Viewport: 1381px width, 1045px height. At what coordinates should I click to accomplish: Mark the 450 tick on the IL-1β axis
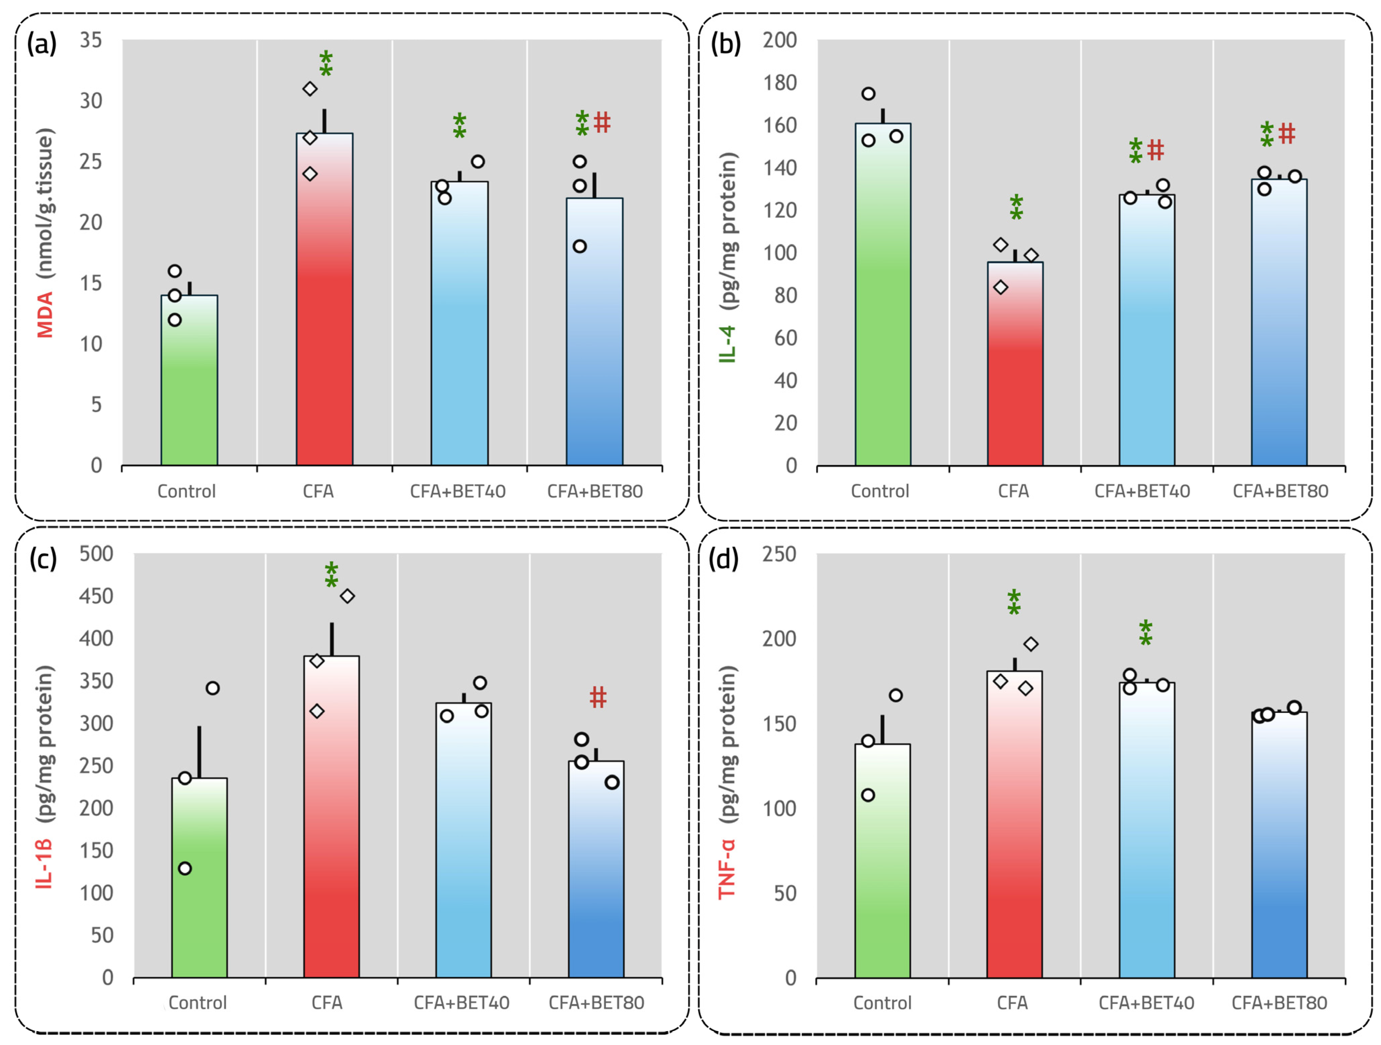pos(96,596)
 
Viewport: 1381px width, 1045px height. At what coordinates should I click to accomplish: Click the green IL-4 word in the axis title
pos(728,344)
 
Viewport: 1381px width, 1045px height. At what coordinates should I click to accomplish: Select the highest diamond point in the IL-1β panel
pos(347,596)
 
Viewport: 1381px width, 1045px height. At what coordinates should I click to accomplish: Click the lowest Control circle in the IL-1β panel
pos(185,868)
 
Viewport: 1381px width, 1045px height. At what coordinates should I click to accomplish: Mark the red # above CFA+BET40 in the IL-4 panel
pos(1156,150)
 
